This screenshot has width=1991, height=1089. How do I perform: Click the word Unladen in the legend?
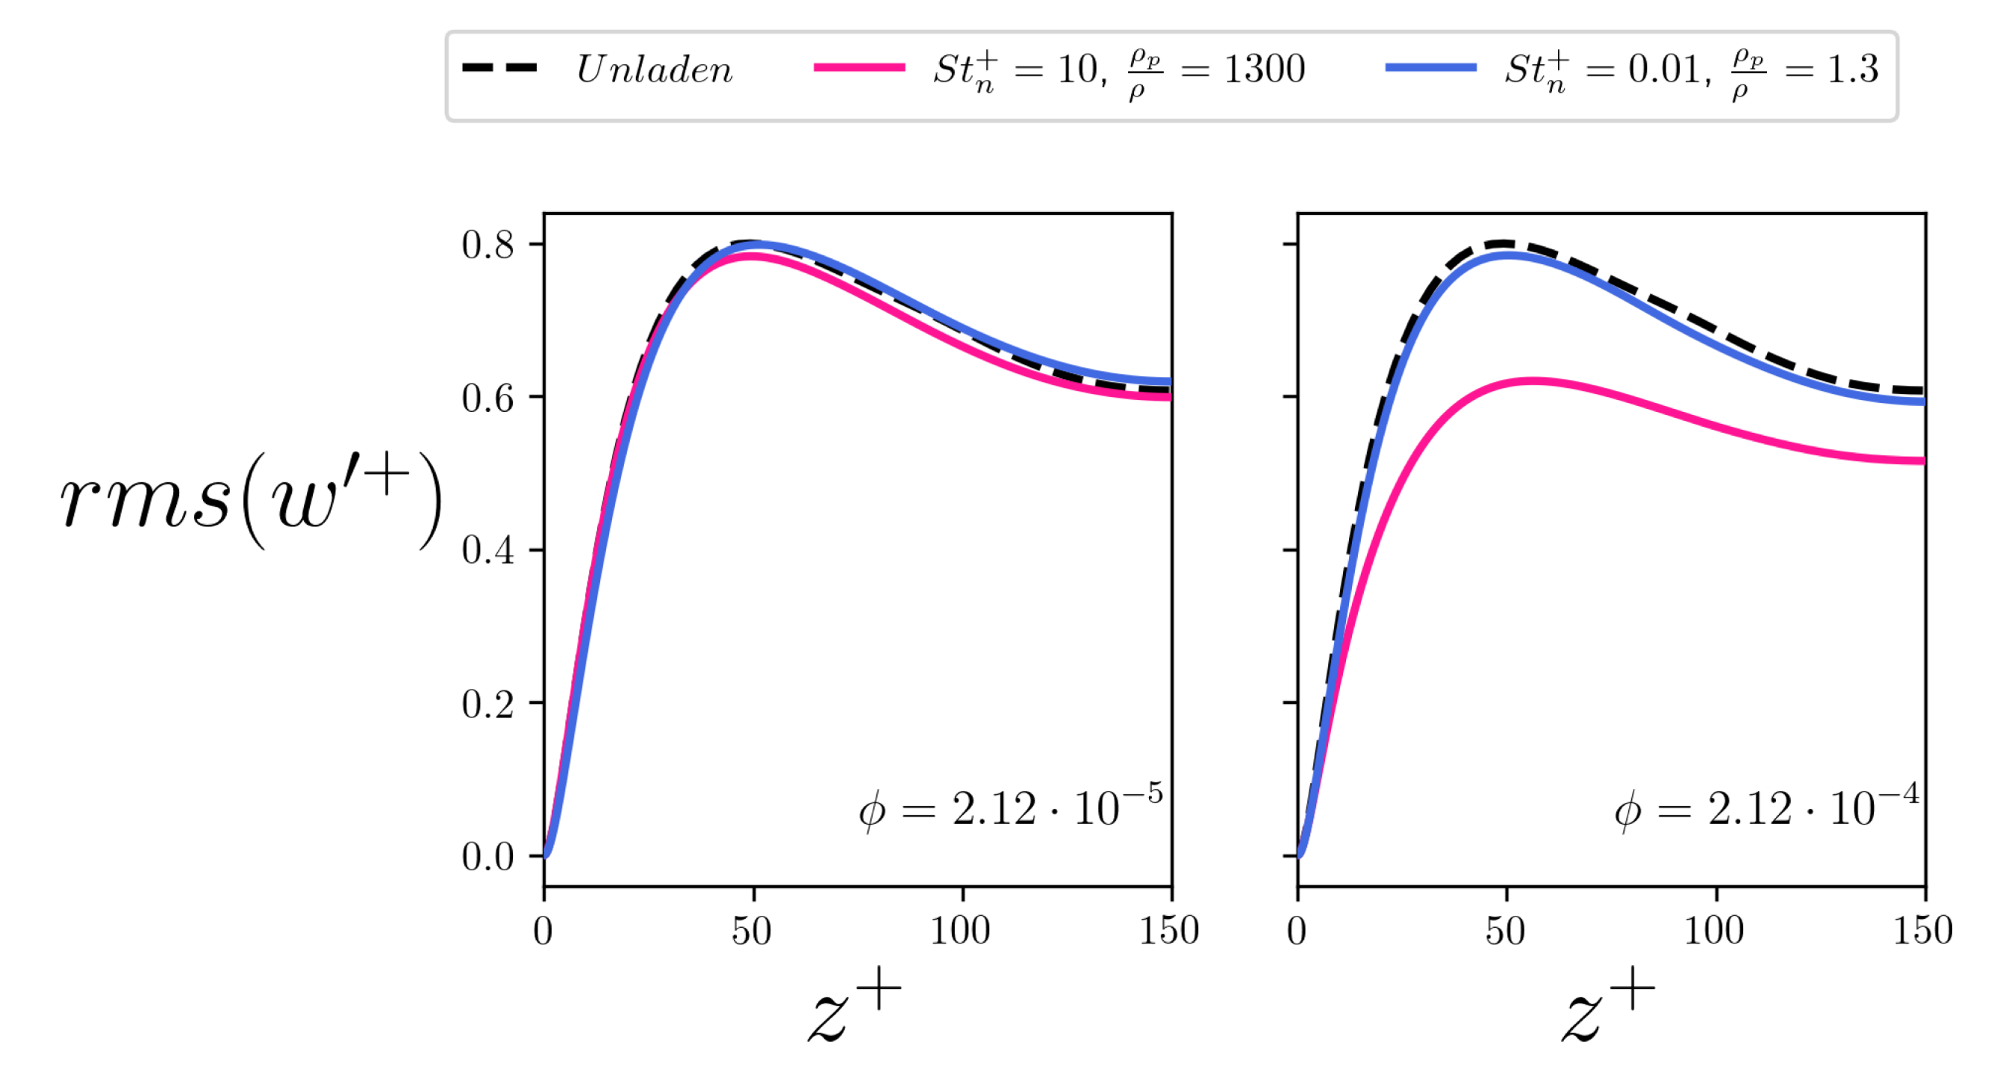click(654, 69)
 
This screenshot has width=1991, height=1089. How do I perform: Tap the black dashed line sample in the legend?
click(499, 68)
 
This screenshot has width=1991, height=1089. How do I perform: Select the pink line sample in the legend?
click(859, 68)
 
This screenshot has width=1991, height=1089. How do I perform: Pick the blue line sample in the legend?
click(1430, 68)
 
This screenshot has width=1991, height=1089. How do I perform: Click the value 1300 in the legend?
click(1265, 69)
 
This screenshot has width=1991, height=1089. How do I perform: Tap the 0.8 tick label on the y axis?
click(487, 245)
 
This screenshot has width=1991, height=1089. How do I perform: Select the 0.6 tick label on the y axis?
click(487, 398)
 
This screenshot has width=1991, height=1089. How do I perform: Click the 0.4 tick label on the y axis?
click(487, 551)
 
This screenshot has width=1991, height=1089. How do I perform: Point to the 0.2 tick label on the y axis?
click(487, 704)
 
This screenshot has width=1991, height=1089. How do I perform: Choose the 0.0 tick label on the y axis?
click(487, 857)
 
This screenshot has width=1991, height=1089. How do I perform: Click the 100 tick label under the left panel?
click(960, 930)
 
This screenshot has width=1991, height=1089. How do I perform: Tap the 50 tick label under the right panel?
click(1506, 930)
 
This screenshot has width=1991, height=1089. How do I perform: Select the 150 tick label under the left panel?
click(1168, 930)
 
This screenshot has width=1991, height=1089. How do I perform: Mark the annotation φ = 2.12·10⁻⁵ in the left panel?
click(1010, 807)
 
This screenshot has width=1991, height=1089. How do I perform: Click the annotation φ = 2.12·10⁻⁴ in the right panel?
click(1766, 807)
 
